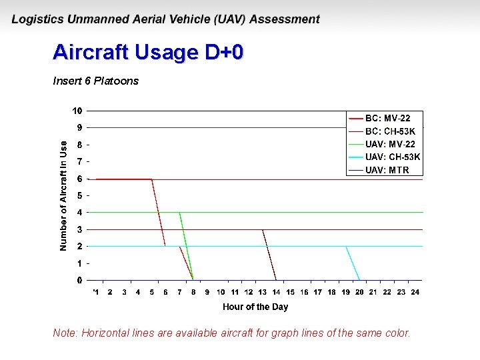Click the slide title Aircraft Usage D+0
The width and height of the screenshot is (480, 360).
148,53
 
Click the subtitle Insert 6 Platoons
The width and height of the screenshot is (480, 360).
95,81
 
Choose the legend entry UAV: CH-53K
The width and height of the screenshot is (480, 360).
393,157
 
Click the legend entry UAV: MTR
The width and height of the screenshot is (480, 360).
387,170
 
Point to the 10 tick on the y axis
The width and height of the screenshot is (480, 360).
78,111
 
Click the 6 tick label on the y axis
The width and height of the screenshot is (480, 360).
80,179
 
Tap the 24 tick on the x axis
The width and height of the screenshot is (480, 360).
415,292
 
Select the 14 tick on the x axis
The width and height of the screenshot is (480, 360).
276,292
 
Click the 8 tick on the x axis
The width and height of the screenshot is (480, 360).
193,292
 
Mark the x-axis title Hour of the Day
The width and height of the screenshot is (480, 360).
255,307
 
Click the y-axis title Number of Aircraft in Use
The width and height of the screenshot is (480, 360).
63,195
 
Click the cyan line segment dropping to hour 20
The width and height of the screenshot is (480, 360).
353,263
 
